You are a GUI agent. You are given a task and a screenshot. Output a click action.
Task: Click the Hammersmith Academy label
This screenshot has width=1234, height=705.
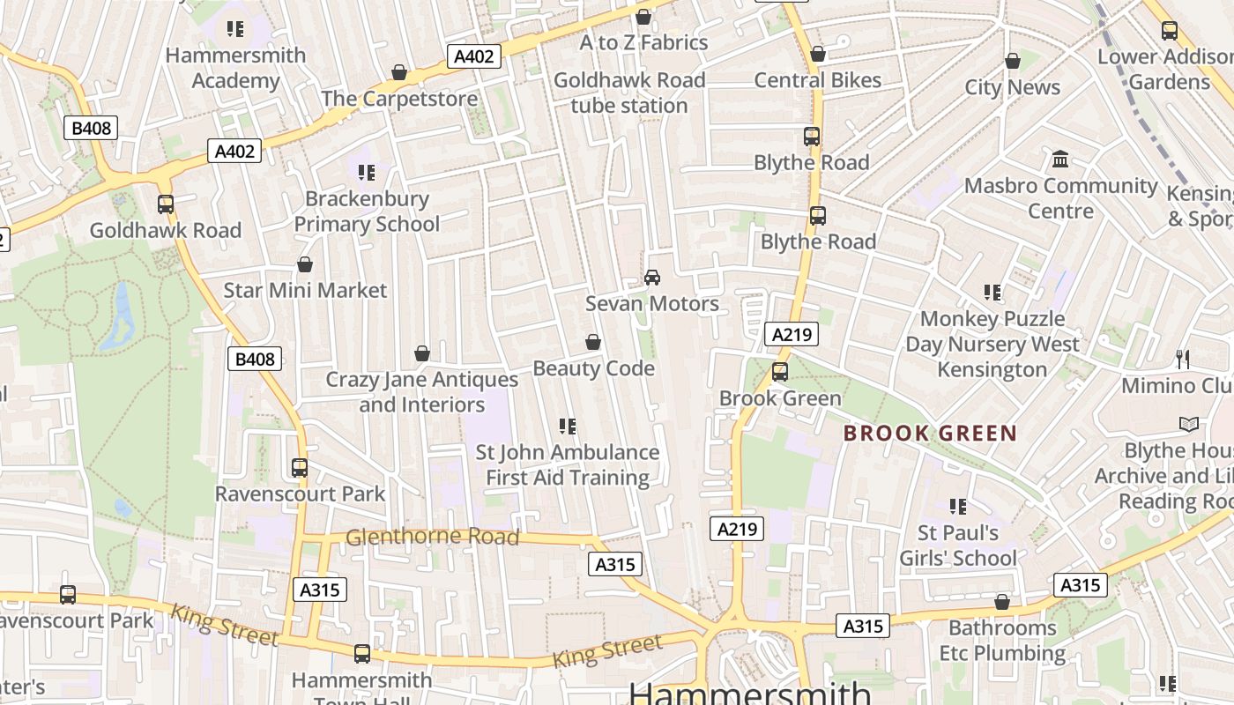click(x=235, y=68)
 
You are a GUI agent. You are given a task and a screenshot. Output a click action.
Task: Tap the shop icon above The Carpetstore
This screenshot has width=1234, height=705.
click(x=399, y=72)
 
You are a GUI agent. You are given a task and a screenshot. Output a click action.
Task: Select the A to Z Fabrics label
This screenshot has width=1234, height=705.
click(x=643, y=42)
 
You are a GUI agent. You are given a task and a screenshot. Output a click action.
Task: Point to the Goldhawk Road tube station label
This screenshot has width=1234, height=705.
click(x=629, y=93)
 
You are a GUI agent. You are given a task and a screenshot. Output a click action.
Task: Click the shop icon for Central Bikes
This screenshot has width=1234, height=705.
click(x=818, y=54)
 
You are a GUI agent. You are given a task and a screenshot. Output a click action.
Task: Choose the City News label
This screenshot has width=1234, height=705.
click(x=1013, y=87)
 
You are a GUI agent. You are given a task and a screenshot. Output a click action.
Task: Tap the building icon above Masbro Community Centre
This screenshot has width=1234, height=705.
click(x=1060, y=160)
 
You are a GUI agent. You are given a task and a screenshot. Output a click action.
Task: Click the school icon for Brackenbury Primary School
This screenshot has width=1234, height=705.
click(x=367, y=173)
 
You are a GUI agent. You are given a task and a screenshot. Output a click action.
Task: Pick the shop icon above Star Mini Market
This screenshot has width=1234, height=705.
click(x=305, y=264)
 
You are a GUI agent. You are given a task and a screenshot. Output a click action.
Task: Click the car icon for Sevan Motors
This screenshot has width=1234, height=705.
click(x=652, y=278)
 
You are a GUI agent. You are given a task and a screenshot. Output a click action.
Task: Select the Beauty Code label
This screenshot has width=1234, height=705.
click(x=593, y=367)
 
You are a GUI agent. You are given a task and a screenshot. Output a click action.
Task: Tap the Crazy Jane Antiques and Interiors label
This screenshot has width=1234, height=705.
click(x=422, y=392)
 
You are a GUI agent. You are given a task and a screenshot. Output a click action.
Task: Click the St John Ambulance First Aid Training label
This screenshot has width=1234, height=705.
click(x=568, y=464)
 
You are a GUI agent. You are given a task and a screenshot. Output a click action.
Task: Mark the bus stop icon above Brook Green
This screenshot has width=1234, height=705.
click(x=780, y=372)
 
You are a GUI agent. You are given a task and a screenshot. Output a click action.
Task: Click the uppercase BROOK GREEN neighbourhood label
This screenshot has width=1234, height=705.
click(x=930, y=434)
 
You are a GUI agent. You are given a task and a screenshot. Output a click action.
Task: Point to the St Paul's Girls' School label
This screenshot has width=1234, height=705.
click(x=958, y=545)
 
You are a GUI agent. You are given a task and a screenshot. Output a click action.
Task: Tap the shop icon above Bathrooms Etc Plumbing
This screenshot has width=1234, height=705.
click(x=1002, y=603)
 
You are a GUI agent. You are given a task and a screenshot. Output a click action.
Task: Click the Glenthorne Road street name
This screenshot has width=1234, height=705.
click(x=432, y=537)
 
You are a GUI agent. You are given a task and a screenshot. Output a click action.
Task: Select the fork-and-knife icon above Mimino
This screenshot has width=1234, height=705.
click(x=1183, y=360)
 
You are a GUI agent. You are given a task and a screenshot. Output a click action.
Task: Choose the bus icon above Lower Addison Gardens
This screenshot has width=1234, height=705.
click(x=1170, y=31)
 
